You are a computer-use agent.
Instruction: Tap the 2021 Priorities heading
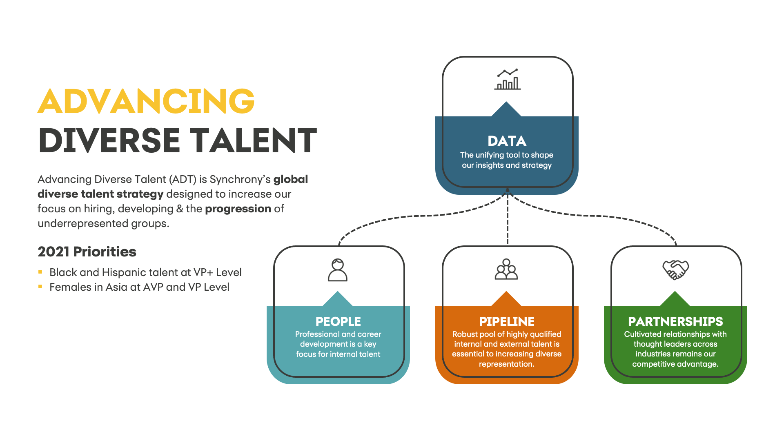(87, 252)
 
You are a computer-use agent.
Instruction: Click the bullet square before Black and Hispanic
(40, 272)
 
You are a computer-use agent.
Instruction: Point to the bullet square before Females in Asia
(40, 287)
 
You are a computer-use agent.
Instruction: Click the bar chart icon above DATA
(507, 79)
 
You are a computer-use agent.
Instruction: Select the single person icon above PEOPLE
(338, 270)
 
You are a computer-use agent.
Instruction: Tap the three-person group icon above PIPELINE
(506, 269)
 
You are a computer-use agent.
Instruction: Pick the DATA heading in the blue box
(507, 141)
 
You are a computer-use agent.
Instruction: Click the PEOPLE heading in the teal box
(338, 321)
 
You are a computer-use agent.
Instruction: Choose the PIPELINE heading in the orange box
(507, 321)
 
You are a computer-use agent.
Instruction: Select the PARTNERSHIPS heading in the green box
(675, 321)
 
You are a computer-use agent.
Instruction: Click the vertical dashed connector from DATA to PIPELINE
(508, 220)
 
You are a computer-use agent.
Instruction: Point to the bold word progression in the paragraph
(238, 209)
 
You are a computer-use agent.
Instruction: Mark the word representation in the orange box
(506, 364)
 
